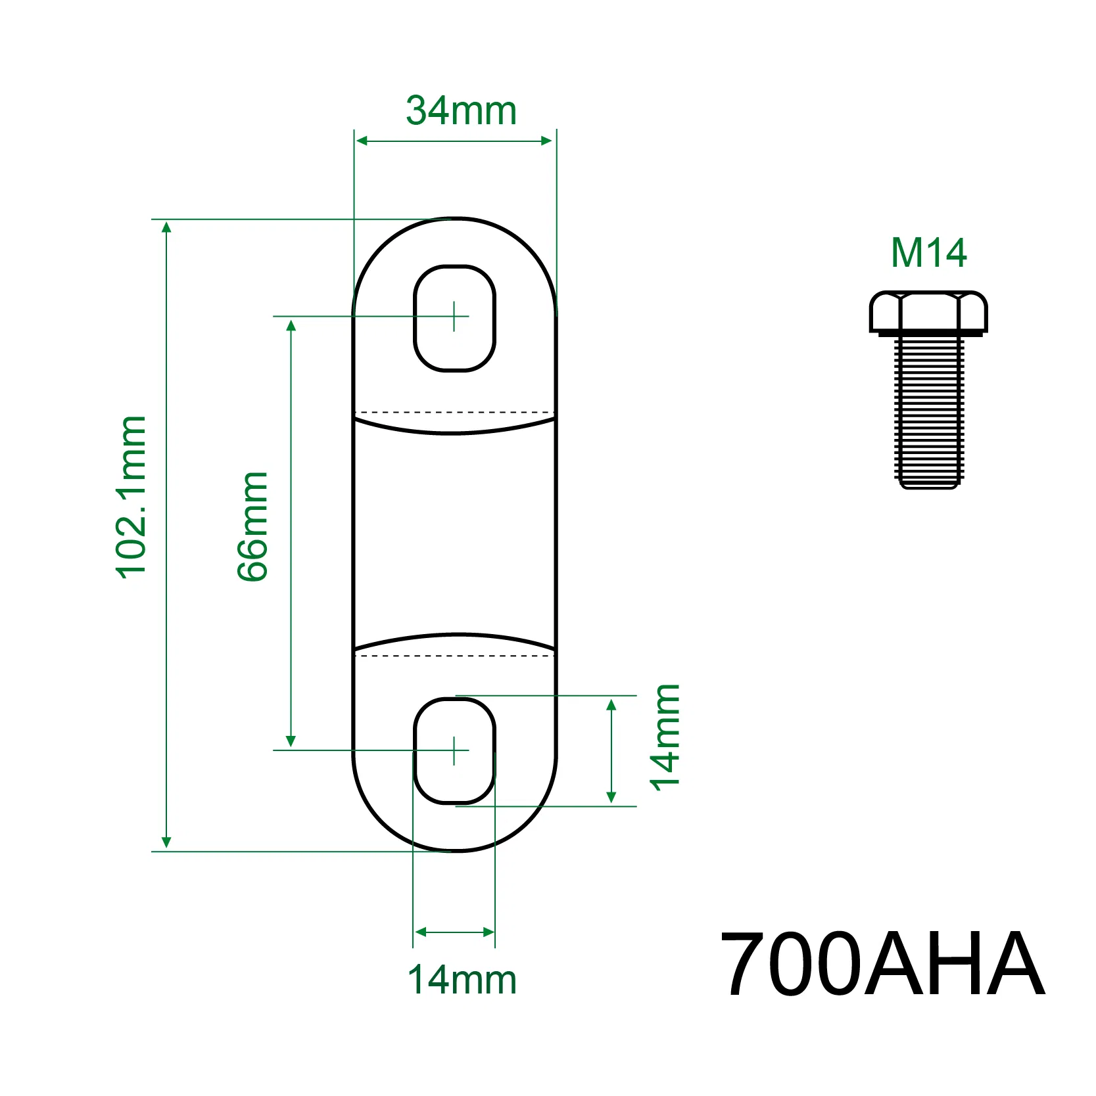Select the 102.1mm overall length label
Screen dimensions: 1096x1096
(x=131, y=497)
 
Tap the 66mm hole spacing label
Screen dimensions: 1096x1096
(x=252, y=526)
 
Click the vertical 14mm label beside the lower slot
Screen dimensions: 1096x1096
(x=665, y=737)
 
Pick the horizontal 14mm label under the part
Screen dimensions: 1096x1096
(x=462, y=980)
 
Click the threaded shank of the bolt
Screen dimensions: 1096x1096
(x=928, y=411)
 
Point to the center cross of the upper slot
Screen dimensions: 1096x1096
(x=454, y=316)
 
